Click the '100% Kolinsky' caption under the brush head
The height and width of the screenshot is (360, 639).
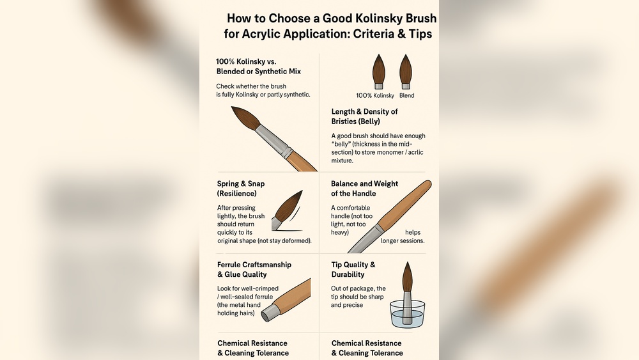coord(376,96)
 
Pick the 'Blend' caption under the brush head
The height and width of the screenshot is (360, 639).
coord(406,96)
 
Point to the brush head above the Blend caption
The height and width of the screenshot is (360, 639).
coord(405,69)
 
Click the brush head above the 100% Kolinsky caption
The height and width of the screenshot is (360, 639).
coord(378,69)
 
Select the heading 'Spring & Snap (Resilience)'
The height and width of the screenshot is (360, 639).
coord(241,189)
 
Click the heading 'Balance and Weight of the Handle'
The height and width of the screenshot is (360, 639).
coord(364,189)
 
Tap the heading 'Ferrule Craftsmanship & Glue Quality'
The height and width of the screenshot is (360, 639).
coord(254,269)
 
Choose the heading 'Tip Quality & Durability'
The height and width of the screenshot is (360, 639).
coord(353,269)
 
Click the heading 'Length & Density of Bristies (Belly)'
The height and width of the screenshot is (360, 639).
coord(364,116)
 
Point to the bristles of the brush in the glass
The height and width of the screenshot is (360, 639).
coord(407,278)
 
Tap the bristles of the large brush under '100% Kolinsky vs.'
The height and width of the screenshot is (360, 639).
coord(245,119)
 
